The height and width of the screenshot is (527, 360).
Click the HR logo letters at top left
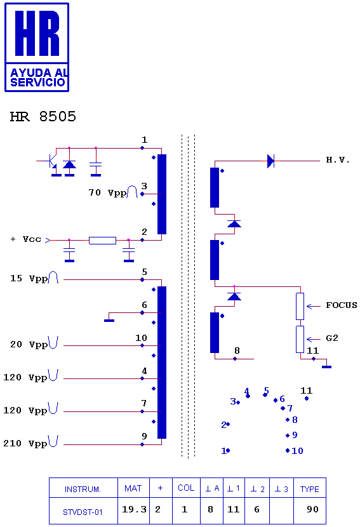click(37, 33)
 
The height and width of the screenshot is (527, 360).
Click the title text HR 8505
click(43, 117)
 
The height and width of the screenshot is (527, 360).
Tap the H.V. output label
click(338, 160)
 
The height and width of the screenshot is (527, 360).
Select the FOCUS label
click(342, 305)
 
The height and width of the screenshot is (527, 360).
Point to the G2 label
click(332, 338)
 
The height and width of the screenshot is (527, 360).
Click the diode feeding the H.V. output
click(270, 161)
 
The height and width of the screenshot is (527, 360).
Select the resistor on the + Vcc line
click(102, 240)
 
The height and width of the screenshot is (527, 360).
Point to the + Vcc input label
click(26, 239)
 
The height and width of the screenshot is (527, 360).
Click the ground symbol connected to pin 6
click(109, 320)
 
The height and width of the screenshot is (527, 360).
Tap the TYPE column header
click(310, 488)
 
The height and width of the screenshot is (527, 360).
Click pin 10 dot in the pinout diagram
click(288, 450)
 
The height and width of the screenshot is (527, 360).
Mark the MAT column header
click(133, 488)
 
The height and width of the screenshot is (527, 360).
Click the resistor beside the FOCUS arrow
click(300, 306)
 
